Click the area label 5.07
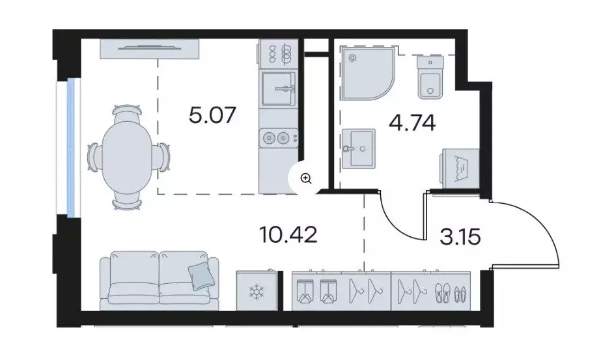[x=212, y=115]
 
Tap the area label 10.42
[x=288, y=234]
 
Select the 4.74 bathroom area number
[x=412, y=123]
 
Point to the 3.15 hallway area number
[x=460, y=237]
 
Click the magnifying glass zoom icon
[x=306, y=179]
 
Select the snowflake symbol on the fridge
[x=257, y=291]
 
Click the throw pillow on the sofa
[x=202, y=276]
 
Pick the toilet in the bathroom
[x=430, y=77]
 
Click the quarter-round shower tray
[x=367, y=73]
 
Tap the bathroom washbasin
[x=358, y=149]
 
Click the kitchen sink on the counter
[x=279, y=89]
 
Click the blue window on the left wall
[x=71, y=147]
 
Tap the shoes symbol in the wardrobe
[x=451, y=293]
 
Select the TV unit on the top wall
[x=149, y=49]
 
